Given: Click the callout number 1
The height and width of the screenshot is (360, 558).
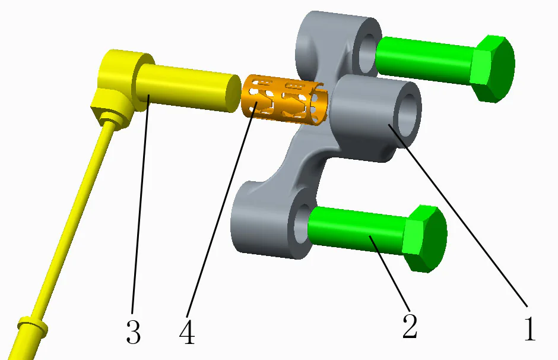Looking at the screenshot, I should (530, 329).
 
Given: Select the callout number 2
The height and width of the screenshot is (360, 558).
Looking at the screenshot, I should (410, 326).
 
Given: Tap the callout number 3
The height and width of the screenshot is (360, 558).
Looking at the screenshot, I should (133, 332).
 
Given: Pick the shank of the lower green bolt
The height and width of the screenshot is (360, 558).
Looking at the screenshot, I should (356, 229).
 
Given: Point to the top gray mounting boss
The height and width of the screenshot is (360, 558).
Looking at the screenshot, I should (332, 36).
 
